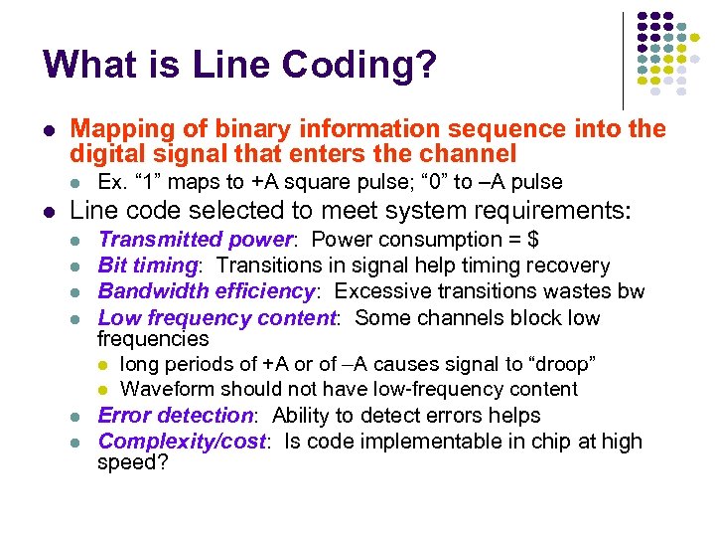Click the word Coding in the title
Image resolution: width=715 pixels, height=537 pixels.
(x=361, y=65)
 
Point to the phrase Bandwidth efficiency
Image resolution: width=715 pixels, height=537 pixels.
(x=207, y=292)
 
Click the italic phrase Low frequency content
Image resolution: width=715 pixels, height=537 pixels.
(x=217, y=318)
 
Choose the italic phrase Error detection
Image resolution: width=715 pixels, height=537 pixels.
(x=175, y=416)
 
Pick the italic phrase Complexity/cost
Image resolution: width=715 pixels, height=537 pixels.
(x=182, y=442)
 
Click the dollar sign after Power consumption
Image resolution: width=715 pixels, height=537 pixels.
(x=533, y=240)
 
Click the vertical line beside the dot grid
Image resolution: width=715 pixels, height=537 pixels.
(x=623, y=60)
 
